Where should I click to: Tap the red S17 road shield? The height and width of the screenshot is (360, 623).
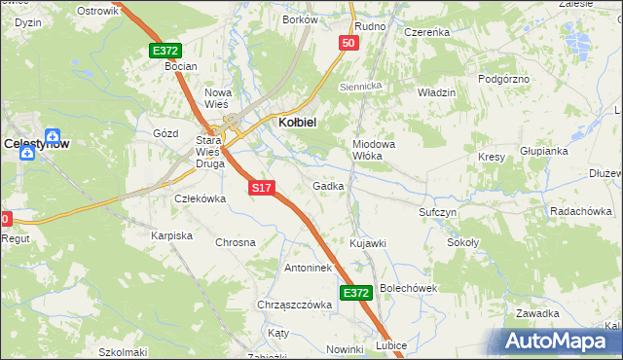[x=261, y=187]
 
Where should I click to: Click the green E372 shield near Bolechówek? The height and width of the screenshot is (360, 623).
[x=356, y=292]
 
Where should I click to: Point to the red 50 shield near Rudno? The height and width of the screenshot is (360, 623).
[x=349, y=43]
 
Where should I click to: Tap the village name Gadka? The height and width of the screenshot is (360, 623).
[x=328, y=186]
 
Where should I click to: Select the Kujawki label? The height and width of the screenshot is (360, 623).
[x=368, y=242]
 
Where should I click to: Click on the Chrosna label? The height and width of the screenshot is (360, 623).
[x=235, y=242]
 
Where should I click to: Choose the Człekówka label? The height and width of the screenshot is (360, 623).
[x=200, y=198]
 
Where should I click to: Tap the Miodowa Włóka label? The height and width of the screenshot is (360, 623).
[x=373, y=149]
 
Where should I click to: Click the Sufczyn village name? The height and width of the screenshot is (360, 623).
[x=438, y=211]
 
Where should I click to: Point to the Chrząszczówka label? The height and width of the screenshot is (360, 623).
[x=295, y=305]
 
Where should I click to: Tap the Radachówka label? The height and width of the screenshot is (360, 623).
[x=580, y=211]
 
